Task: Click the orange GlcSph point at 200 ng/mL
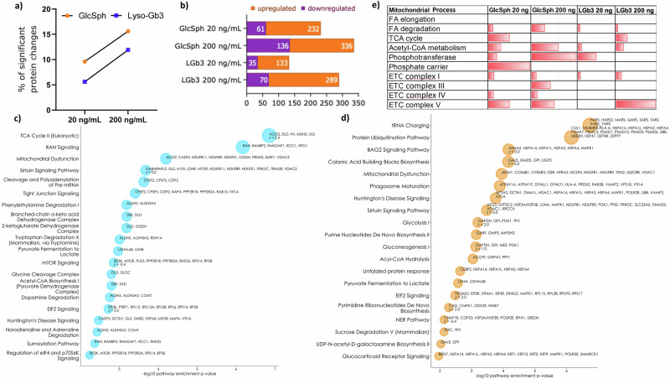[127, 32]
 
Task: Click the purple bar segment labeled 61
[255, 29]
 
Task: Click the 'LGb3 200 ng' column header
[639, 8]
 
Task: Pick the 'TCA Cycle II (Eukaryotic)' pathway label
[49, 135]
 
